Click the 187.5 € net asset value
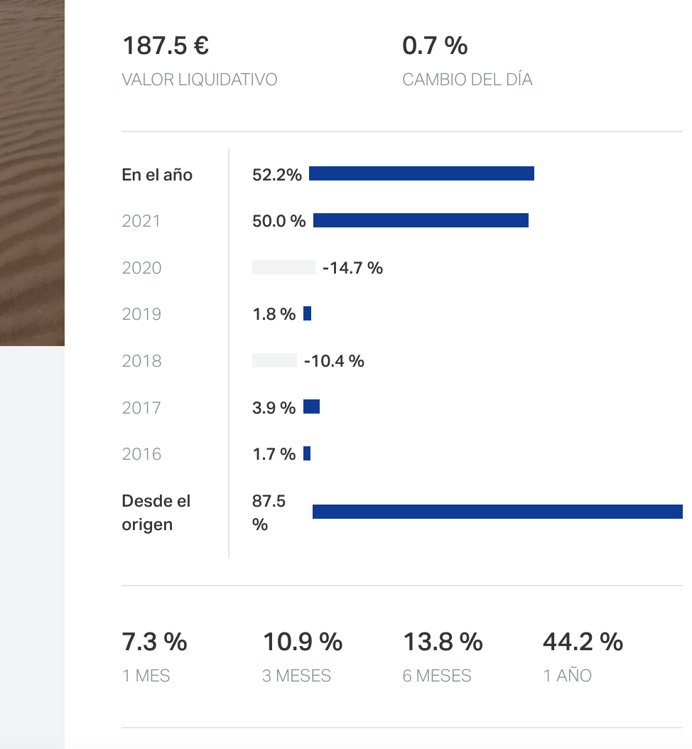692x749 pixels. point(166,46)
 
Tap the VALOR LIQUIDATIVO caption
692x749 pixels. point(200,80)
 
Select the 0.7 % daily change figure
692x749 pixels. point(435,46)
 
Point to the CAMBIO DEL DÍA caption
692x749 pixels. point(467,80)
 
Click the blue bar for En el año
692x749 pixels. point(421,174)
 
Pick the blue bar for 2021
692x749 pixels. point(421,221)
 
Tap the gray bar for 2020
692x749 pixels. point(283,268)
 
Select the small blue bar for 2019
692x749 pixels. point(308,314)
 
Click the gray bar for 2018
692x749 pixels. point(274,361)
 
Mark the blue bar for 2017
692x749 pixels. point(312,407)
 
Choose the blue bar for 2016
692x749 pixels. point(307,453)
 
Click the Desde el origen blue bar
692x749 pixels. point(497,512)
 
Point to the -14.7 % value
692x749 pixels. point(352,268)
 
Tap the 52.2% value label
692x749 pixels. point(277,175)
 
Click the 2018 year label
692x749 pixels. point(142,361)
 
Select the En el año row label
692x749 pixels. point(157,175)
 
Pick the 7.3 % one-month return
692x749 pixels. point(155,642)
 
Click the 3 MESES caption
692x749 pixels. point(296,676)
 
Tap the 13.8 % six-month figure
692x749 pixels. point(443,642)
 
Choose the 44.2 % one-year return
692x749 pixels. point(583,642)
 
